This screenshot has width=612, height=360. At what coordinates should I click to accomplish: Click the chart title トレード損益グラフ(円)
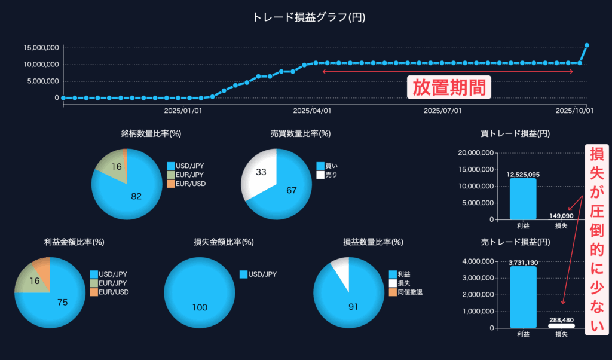(x=308, y=17)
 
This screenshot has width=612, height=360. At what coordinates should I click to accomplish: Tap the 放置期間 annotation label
(x=449, y=87)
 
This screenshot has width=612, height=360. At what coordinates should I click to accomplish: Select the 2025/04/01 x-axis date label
(x=313, y=111)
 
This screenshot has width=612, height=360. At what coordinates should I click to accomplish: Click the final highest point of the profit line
(x=587, y=45)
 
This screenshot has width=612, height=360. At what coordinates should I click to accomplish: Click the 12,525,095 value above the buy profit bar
(x=523, y=175)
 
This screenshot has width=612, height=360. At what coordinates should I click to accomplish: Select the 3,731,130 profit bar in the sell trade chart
(x=523, y=297)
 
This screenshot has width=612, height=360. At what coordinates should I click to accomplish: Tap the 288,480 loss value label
(x=561, y=321)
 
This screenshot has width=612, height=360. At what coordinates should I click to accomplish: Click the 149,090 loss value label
(x=561, y=216)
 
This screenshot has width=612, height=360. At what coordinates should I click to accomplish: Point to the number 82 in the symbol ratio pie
(x=136, y=196)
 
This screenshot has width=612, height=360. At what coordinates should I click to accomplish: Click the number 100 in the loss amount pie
(x=200, y=307)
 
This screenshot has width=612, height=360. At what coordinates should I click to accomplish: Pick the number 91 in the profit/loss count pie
(x=353, y=307)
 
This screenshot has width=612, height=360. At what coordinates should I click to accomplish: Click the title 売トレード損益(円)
(x=515, y=242)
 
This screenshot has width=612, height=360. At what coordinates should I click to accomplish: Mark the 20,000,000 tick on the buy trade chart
(x=475, y=153)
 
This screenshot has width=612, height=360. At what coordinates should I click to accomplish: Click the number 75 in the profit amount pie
(x=62, y=303)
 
